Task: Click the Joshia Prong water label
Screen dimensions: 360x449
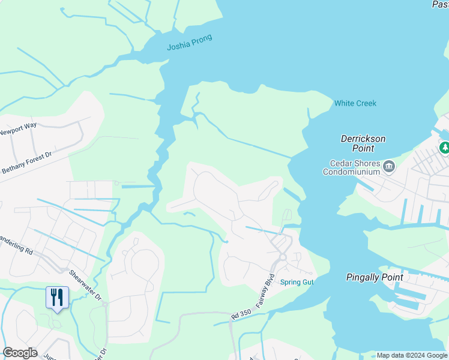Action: click(189, 42)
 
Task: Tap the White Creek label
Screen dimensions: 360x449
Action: click(355, 103)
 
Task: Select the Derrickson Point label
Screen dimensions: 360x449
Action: click(363, 143)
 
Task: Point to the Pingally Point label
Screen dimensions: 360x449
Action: click(373, 277)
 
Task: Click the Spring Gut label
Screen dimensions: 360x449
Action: click(297, 281)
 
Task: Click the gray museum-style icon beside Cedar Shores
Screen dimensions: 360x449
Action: click(388, 166)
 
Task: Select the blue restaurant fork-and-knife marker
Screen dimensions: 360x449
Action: click(57, 297)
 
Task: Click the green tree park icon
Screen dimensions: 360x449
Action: click(444, 147)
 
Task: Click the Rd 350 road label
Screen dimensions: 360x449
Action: click(240, 315)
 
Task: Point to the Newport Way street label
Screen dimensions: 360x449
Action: click(18, 128)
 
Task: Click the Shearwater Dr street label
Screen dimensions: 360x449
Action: click(86, 285)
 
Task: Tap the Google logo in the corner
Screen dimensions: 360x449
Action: click(20, 353)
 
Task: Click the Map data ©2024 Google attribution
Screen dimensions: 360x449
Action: click(412, 355)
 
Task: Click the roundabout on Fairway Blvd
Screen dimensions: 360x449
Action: click(283, 257)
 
